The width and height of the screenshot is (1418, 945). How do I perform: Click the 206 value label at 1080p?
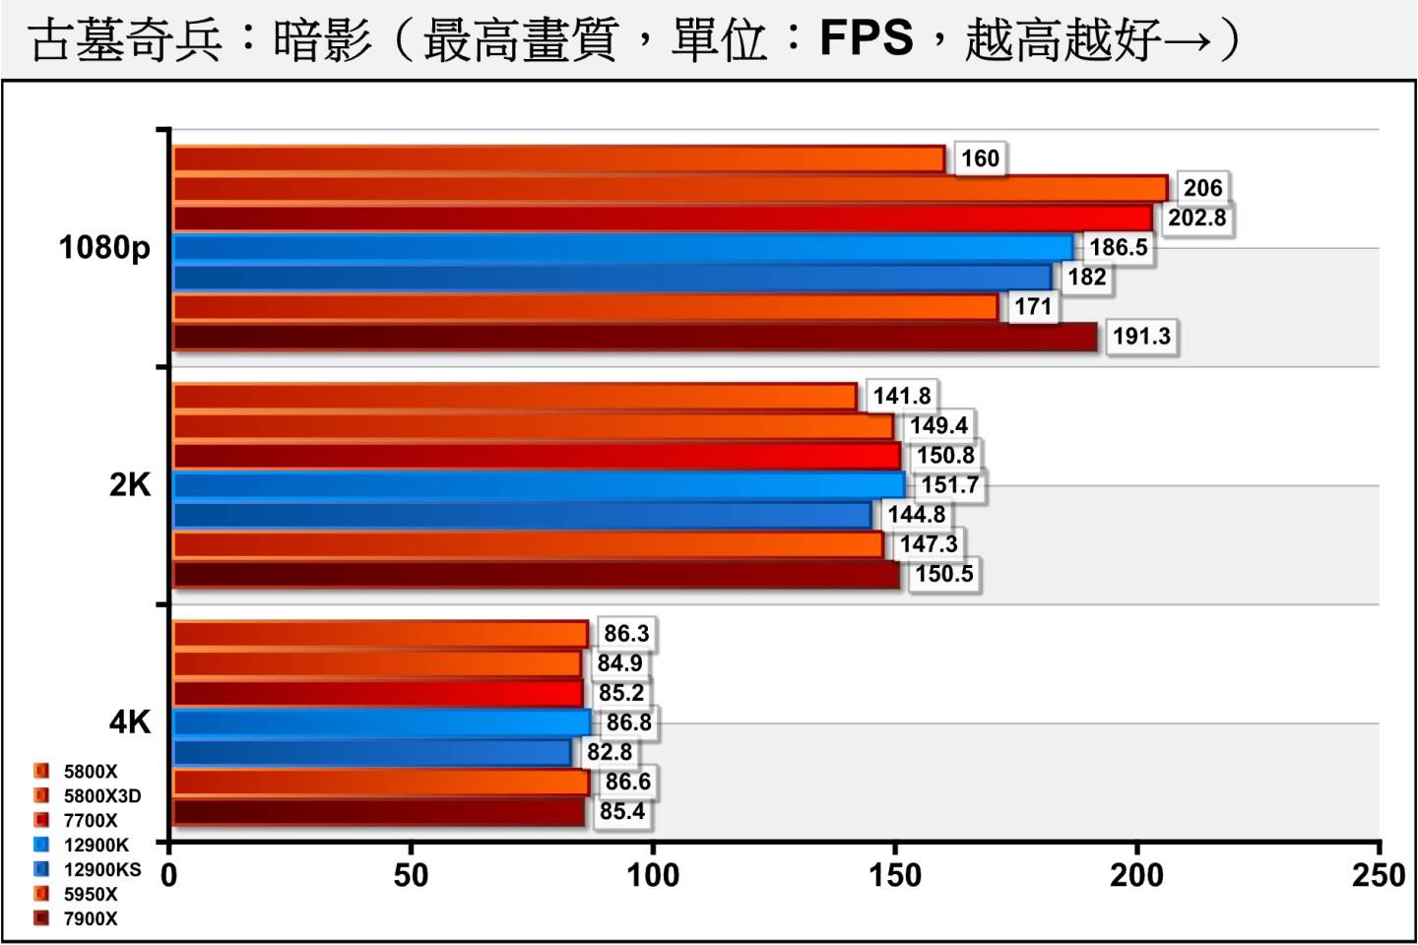[x=1202, y=188]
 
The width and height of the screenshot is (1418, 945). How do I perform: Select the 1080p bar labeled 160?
[x=558, y=159]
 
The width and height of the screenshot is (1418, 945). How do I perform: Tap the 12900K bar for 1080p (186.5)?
[x=622, y=248]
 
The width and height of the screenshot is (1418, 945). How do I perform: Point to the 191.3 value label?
[x=1141, y=337]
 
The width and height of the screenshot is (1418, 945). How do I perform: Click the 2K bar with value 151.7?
[x=539, y=485]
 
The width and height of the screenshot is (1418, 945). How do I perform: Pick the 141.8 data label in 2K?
[x=901, y=396]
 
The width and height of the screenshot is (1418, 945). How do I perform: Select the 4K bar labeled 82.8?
[x=372, y=753]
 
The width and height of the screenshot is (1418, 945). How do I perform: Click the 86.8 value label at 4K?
[x=628, y=723]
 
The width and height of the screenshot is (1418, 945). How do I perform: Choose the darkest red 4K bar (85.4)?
[x=379, y=812]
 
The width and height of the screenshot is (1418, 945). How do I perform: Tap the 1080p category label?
[x=104, y=247]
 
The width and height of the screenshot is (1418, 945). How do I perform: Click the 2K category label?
[x=130, y=484]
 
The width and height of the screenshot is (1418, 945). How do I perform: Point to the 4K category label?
[x=130, y=723]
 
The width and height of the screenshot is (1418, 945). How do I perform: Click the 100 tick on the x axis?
[x=653, y=875]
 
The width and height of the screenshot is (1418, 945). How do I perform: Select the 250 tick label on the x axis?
[x=1379, y=875]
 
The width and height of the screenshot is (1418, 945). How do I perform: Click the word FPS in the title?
[x=866, y=39]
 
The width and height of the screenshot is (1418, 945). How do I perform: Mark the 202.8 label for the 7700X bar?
[x=1196, y=218]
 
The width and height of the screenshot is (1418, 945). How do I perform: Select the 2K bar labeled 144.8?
[x=522, y=515]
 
